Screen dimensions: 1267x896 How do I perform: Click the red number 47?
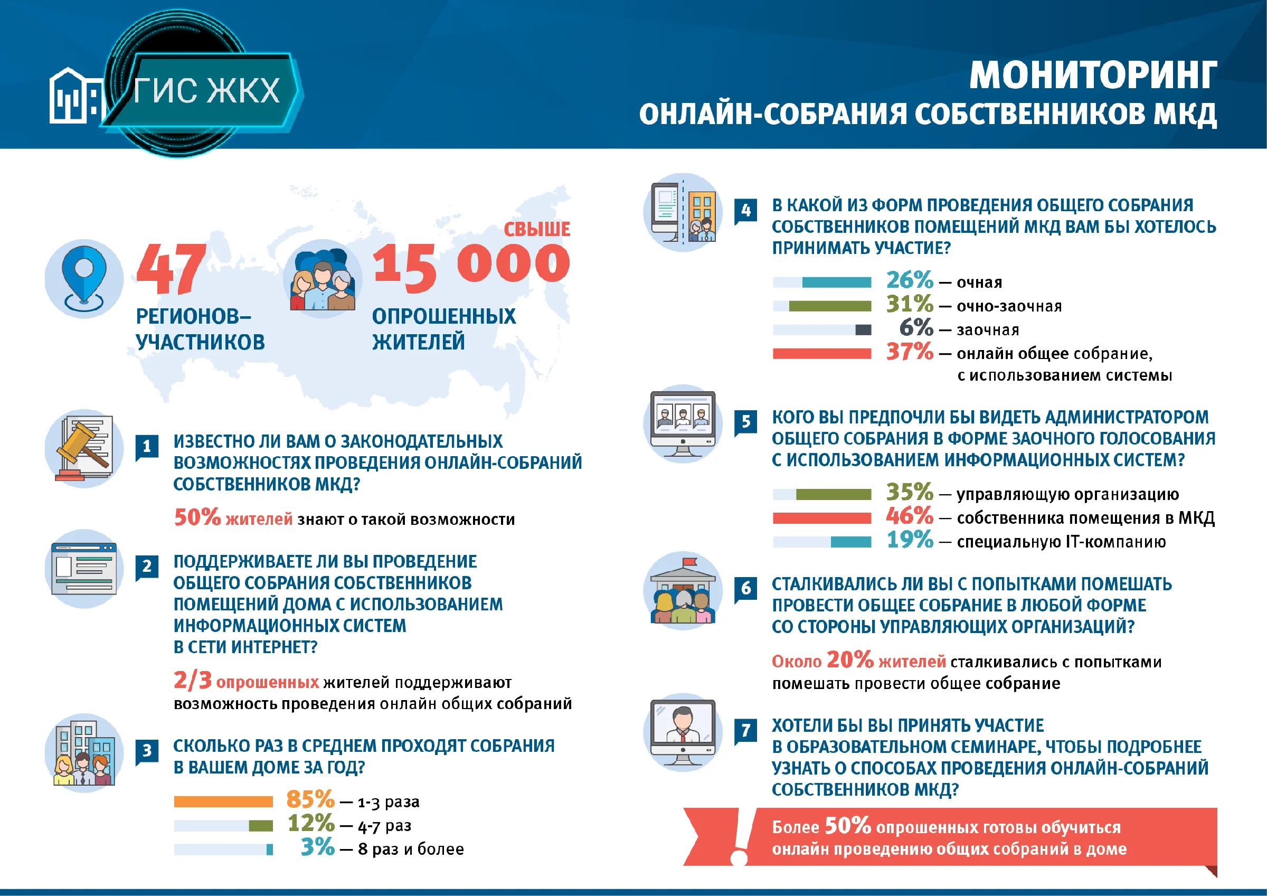[x=172, y=269]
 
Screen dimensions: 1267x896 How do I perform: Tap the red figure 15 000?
[x=472, y=267]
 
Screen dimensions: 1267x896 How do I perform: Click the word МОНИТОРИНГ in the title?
[x=1093, y=75]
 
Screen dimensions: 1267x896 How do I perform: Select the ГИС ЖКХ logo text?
[x=207, y=90]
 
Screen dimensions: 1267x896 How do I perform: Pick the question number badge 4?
[x=745, y=211]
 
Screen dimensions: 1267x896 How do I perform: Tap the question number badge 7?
[x=745, y=731]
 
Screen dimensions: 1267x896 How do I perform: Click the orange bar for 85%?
[x=223, y=801]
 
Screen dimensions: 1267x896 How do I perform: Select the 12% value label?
[x=311, y=823]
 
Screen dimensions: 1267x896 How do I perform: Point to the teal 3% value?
[x=318, y=847]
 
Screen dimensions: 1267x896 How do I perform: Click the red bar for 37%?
[x=822, y=353]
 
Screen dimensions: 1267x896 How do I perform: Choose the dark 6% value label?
[x=916, y=327]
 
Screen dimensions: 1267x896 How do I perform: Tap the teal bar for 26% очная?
[x=837, y=282]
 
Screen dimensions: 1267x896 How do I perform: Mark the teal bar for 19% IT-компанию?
[x=851, y=542]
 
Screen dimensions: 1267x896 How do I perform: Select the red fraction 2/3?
[x=193, y=681]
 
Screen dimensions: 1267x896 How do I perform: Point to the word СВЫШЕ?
[x=537, y=229]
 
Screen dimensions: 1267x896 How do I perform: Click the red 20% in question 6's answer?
[x=850, y=659]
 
